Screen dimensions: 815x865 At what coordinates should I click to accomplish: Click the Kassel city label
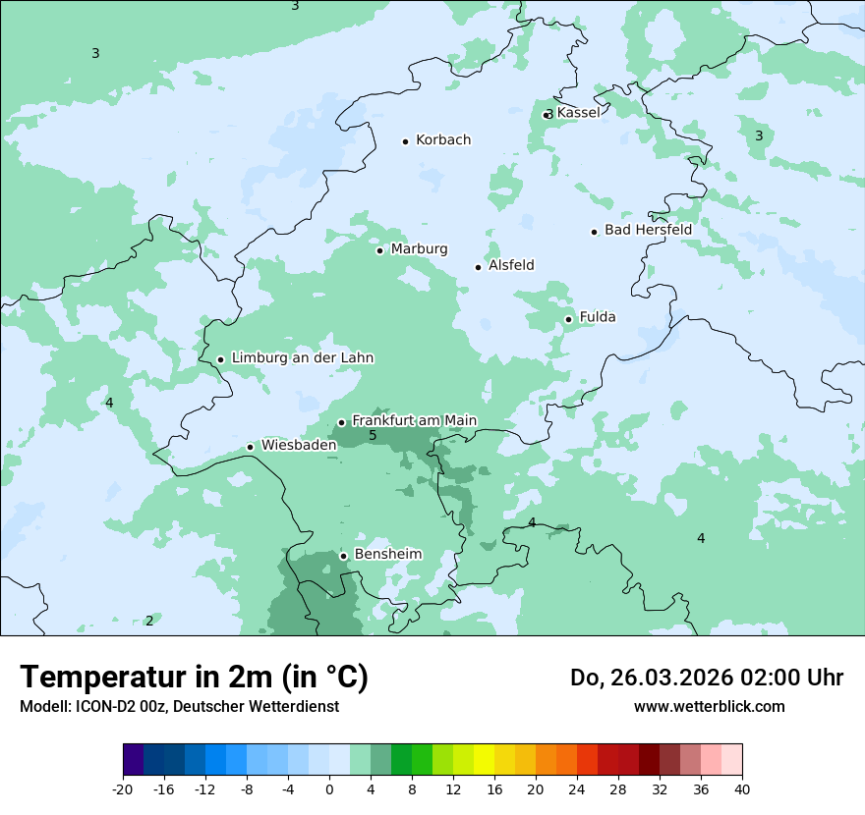point(578,113)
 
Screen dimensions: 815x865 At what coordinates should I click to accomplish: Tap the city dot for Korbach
point(405,141)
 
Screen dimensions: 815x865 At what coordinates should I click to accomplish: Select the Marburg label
point(419,249)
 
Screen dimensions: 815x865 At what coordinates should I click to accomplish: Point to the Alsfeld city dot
point(478,267)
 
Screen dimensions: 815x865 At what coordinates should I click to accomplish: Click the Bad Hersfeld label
point(648,230)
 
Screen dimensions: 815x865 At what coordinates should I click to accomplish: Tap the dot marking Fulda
point(568,319)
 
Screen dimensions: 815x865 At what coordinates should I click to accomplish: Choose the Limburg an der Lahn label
point(302,358)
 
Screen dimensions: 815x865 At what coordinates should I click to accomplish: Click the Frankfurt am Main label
point(414,420)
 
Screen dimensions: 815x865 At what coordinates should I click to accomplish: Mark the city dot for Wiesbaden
point(250,447)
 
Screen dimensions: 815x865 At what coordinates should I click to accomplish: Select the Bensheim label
point(387,554)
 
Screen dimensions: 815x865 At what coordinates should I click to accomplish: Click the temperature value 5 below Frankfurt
point(373,436)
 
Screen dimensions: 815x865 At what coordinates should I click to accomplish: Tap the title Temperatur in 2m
point(194,677)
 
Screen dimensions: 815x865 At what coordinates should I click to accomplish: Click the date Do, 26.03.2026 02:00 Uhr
point(706,678)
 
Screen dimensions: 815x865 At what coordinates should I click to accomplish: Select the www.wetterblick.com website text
point(709,707)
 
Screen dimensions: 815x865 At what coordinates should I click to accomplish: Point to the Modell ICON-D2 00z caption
point(179,707)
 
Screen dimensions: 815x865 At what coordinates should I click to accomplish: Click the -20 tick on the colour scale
point(123,788)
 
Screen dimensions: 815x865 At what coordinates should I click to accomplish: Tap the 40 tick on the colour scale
point(741,788)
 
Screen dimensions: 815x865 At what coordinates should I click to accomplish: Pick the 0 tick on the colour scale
point(329,788)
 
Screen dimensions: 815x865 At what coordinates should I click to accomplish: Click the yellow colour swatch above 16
point(484,760)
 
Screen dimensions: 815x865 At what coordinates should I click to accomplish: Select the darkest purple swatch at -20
point(133,760)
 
